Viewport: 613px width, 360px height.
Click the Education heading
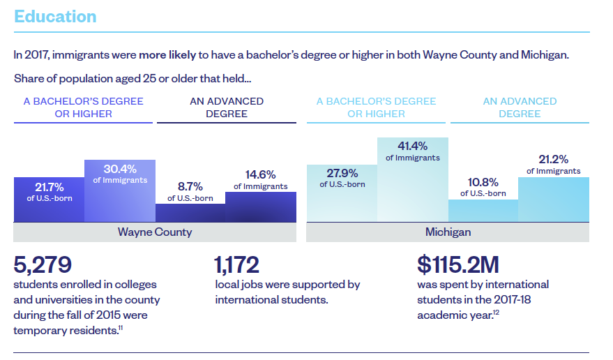tap(55, 17)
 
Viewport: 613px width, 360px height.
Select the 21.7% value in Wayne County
tap(50, 187)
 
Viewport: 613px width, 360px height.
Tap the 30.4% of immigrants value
tap(120, 169)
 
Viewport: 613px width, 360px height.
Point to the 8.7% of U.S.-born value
tap(190, 187)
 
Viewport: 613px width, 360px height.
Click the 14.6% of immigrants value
tap(260, 174)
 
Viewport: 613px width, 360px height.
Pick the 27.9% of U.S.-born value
tap(342, 173)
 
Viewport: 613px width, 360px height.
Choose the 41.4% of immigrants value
tap(413, 146)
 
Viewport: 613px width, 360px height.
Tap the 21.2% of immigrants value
tap(553, 159)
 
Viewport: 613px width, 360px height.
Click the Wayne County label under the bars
tap(155, 232)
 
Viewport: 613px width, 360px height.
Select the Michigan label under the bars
tap(448, 232)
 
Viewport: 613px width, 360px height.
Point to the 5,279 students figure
tap(43, 264)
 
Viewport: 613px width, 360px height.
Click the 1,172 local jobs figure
tap(237, 264)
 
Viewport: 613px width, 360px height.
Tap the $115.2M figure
tap(458, 264)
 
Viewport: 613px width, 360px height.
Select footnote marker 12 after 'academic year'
tap(497, 312)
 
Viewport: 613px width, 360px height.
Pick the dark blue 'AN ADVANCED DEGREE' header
tap(227, 107)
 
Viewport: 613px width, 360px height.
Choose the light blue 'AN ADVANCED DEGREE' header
tap(520, 107)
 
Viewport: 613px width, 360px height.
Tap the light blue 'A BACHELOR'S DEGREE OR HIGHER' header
tap(376, 107)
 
